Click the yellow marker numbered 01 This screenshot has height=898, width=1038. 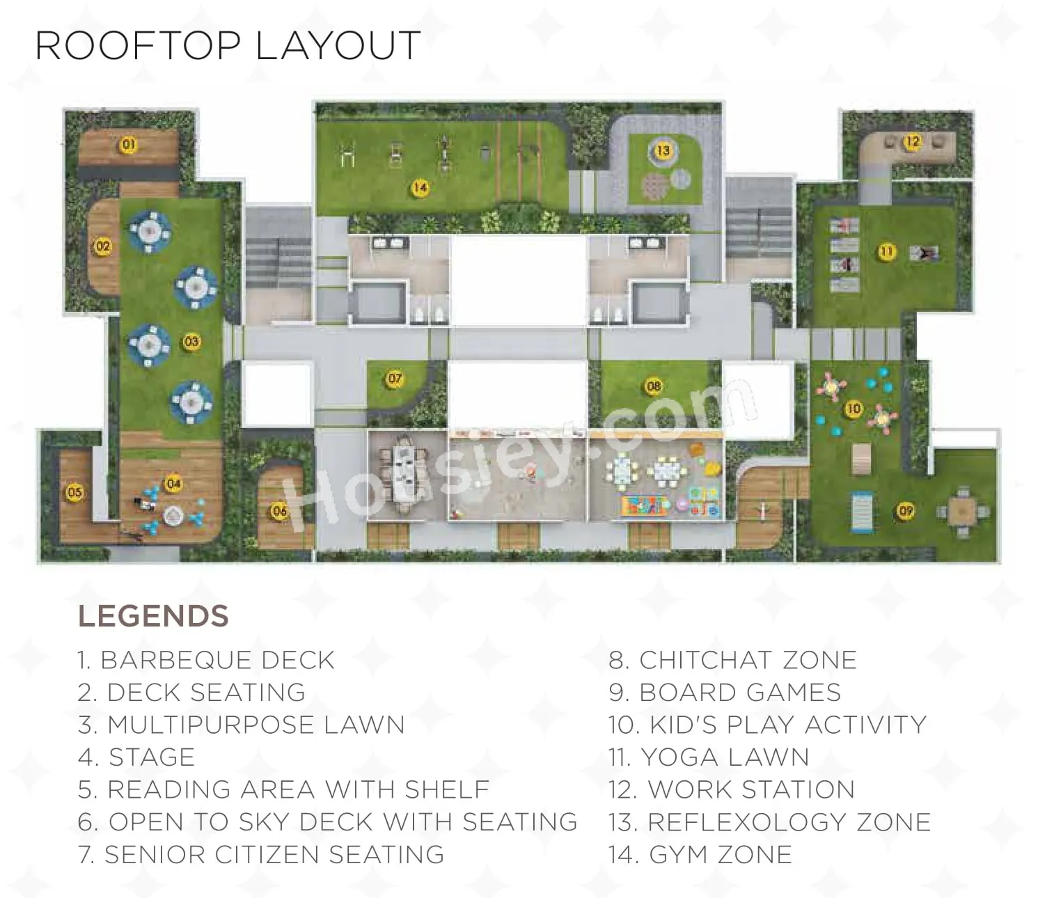point(129,145)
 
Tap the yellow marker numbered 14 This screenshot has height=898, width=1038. point(420,188)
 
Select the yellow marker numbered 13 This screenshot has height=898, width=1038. point(663,150)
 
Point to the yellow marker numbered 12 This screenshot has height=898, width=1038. point(913,141)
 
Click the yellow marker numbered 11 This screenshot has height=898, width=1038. point(887,251)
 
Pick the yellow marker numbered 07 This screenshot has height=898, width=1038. point(395,378)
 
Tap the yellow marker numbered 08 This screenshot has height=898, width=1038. point(653,386)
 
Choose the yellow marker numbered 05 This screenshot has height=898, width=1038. point(74,492)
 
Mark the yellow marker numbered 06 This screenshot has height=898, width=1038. point(279,511)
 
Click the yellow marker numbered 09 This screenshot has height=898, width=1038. point(906,511)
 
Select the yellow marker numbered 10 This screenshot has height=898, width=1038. point(854,409)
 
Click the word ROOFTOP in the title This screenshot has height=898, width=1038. point(138,45)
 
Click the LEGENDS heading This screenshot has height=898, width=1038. point(153,616)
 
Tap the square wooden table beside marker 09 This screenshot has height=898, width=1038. point(961,511)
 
